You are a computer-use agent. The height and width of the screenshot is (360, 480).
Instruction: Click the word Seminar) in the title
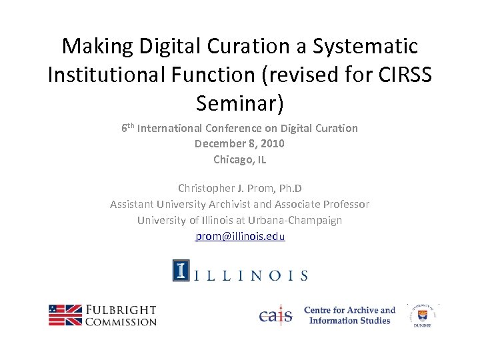click(240, 103)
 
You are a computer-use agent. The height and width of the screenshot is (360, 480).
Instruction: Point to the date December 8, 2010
click(239, 143)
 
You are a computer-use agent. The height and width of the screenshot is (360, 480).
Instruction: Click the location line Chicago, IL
click(239, 159)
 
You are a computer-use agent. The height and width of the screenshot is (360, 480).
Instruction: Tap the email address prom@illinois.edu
click(240, 236)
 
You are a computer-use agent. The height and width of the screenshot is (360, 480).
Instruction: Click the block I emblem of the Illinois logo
click(181, 270)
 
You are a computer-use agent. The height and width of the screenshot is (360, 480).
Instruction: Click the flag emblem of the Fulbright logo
click(65, 315)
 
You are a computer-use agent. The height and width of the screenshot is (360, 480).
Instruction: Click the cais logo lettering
click(275, 315)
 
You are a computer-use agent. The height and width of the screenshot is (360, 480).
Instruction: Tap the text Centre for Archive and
click(349, 310)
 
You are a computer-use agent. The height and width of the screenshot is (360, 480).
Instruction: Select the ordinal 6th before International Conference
click(127, 127)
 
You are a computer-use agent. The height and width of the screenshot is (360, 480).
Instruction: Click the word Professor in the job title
click(345, 204)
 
